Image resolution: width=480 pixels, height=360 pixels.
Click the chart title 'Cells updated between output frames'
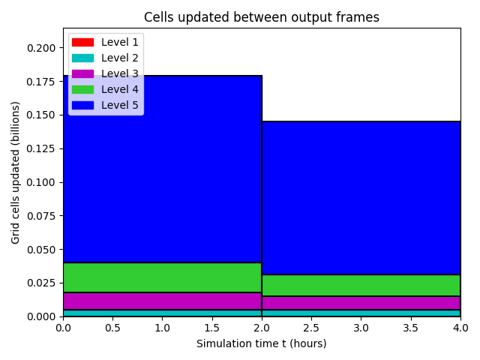(x=262, y=17)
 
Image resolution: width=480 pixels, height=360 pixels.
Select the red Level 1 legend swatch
(x=82, y=42)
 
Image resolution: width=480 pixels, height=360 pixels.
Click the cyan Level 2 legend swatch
(x=82, y=58)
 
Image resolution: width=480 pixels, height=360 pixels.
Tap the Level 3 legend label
(x=120, y=73)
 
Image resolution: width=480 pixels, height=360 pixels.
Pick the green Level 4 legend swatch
(x=82, y=89)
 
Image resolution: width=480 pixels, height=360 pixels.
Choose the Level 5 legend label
(x=120, y=105)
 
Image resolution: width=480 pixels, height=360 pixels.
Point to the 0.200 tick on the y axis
(x=41, y=48)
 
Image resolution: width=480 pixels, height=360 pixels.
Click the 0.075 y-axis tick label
(x=41, y=216)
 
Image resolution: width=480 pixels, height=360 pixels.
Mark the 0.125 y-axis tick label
(x=41, y=148)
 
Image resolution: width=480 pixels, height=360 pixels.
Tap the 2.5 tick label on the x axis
(x=311, y=328)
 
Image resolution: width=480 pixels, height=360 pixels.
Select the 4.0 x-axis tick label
(x=460, y=328)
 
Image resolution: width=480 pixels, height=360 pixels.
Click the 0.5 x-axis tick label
(x=112, y=328)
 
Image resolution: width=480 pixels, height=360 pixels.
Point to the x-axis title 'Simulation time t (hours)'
(x=262, y=343)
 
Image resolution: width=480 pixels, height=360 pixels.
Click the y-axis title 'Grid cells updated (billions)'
(x=15, y=172)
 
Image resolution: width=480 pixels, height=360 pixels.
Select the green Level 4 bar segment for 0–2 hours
(x=163, y=277)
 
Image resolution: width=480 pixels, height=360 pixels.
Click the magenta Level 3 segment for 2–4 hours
(x=361, y=303)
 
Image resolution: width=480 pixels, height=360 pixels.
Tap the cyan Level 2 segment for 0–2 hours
(x=163, y=313)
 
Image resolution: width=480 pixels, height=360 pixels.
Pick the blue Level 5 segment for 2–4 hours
(x=361, y=198)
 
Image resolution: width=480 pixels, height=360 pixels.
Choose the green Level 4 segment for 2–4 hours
(x=361, y=285)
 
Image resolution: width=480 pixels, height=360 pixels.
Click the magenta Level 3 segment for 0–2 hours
(x=163, y=301)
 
